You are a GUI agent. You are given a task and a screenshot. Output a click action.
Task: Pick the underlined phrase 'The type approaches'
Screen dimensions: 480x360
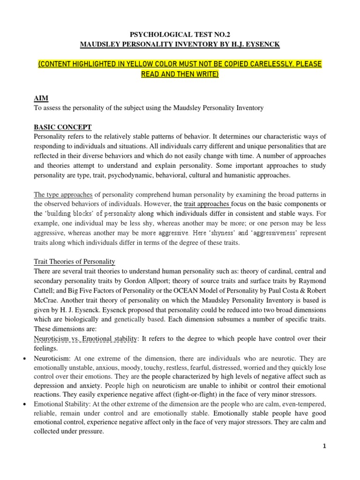coord(65,195)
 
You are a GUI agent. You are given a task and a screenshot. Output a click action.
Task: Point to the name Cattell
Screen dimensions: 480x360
coord(46,291)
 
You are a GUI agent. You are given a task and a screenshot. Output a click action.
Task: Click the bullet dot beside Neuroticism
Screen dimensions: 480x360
coord(24,358)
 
